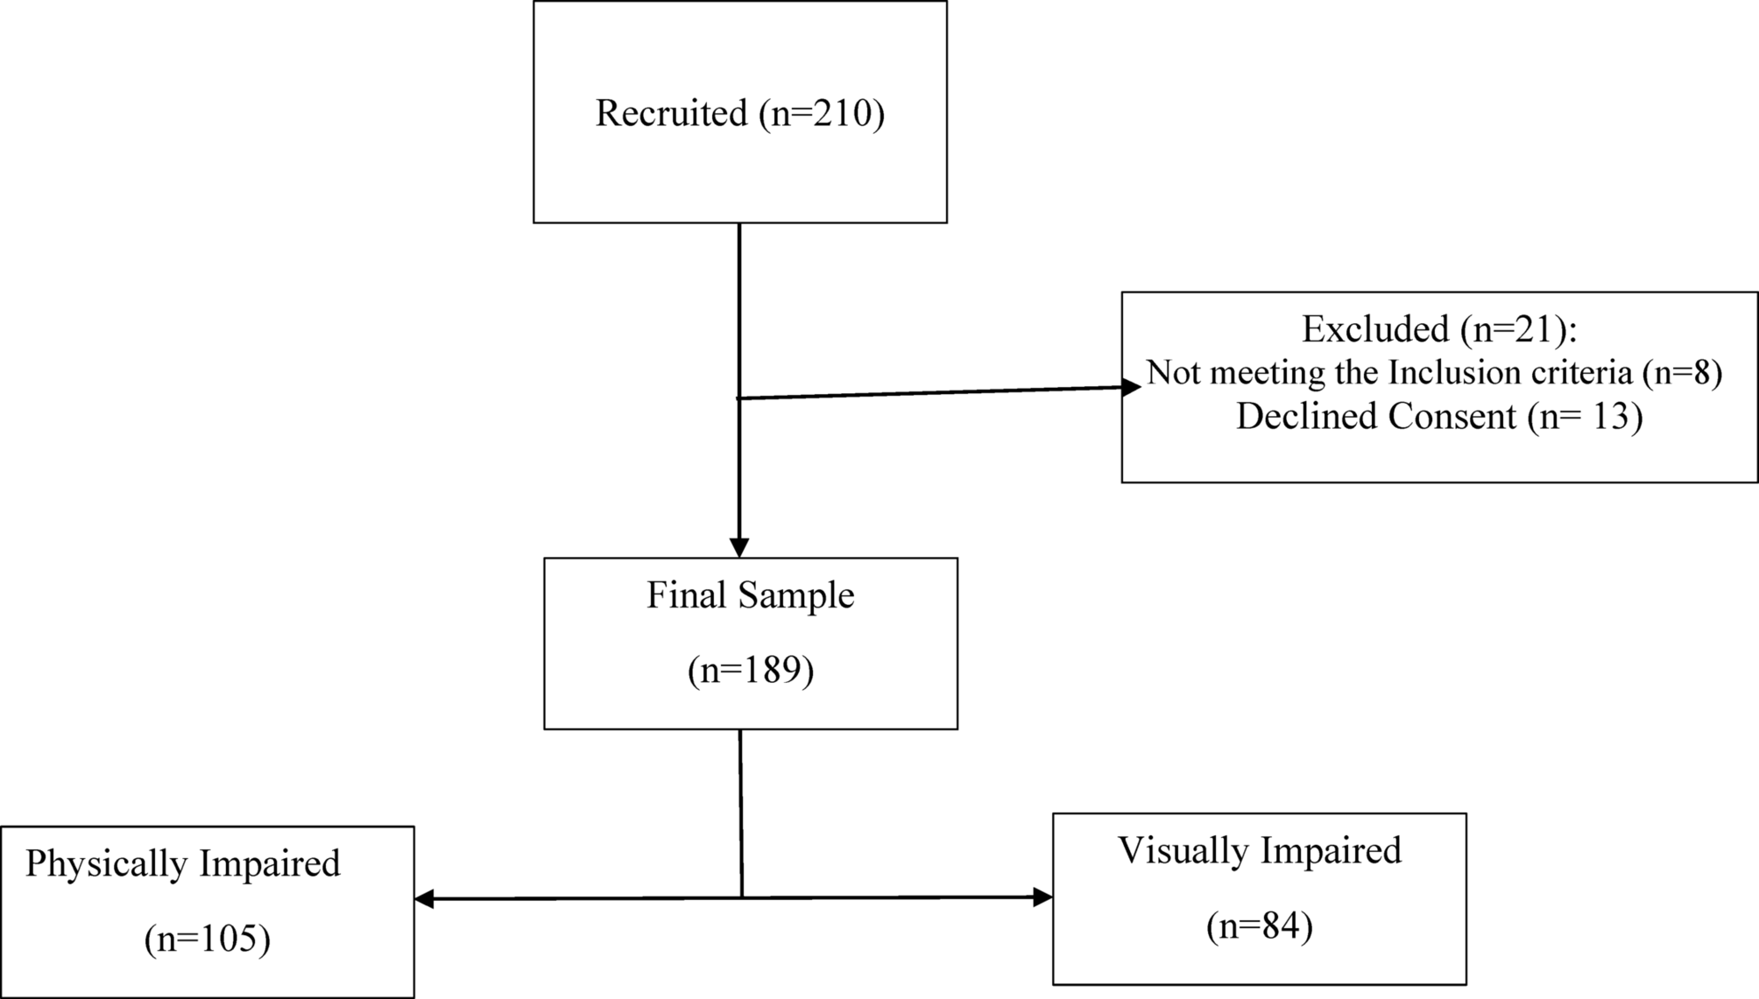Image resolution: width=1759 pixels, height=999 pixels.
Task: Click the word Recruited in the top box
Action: (671, 114)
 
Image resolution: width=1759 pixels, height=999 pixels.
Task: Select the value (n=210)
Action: (822, 114)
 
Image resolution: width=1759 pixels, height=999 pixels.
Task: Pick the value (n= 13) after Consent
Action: (1585, 416)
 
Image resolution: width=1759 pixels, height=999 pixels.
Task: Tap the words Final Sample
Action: (750, 595)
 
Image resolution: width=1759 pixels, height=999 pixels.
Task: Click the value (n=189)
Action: (751, 671)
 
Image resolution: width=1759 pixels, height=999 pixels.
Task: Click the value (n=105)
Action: (208, 939)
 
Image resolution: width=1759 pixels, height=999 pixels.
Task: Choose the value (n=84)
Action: (1259, 926)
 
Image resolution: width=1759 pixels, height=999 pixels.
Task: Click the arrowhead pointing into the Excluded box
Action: (1131, 387)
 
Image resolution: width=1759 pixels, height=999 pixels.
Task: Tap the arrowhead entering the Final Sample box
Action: (739, 547)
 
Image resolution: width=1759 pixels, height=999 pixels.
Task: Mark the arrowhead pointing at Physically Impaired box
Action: (425, 899)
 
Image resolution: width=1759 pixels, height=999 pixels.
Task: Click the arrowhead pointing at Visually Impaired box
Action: (1042, 897)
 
